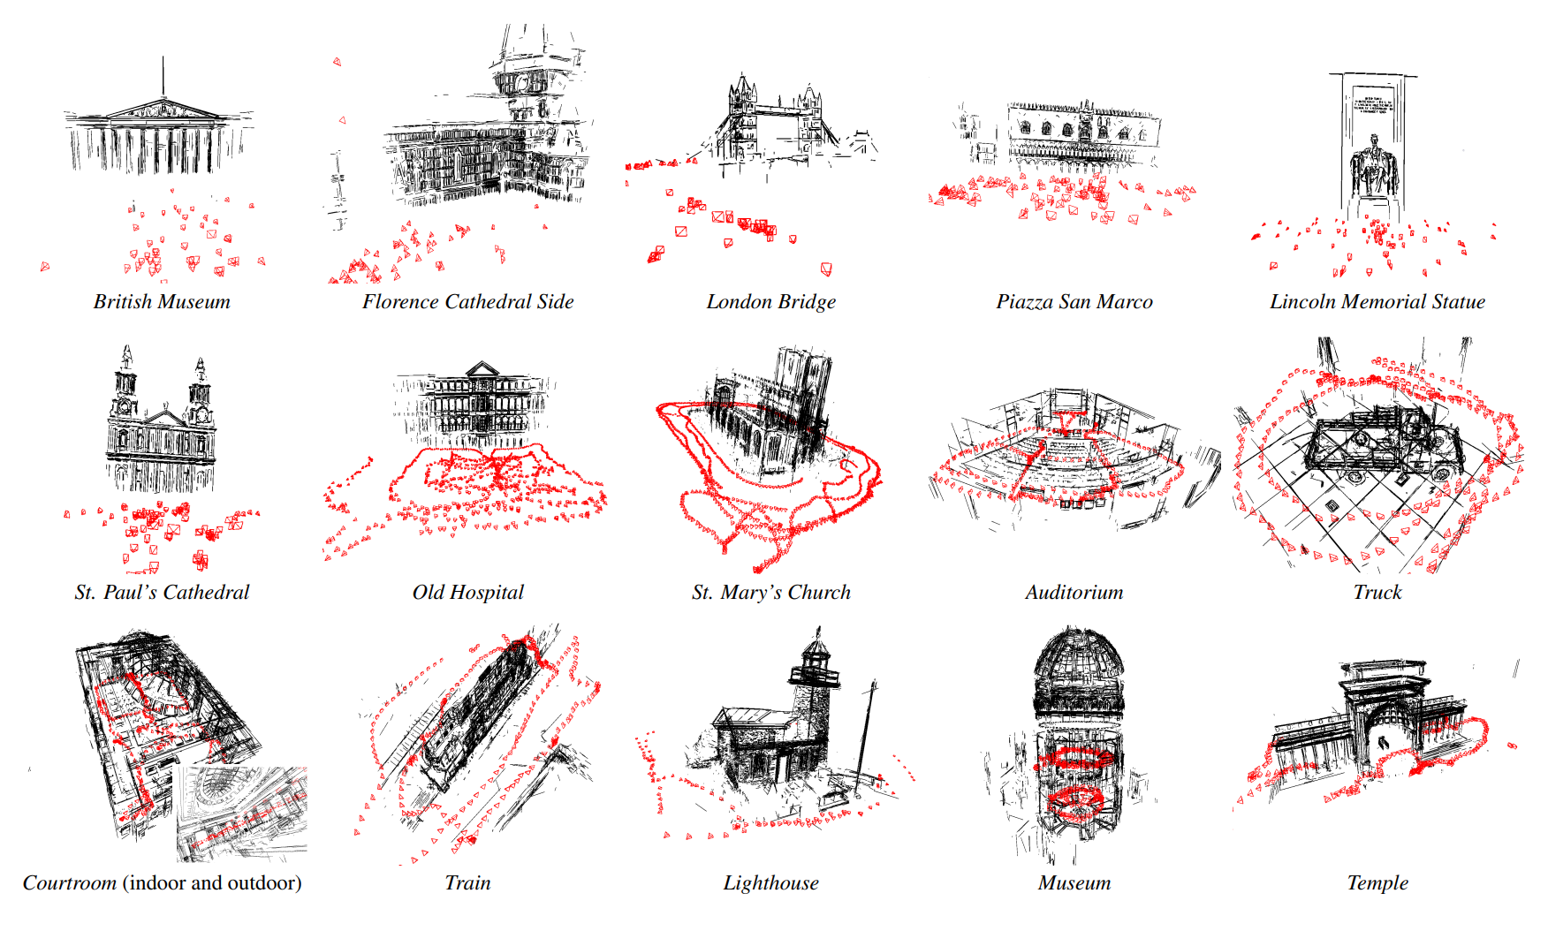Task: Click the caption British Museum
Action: tap(162, 302)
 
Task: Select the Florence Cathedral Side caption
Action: tap(467, 302)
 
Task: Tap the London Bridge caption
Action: tap(770, 302)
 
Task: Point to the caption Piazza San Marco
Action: tap(1074, 302)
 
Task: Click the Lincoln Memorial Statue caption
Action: tap(1377, 302)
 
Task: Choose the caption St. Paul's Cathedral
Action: tap(162, 593)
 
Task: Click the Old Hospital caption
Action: tap(467, 593)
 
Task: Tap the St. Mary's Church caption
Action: tap(770, 593)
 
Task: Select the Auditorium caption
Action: tap(1074, 593)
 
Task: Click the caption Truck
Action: tap(1377, 593)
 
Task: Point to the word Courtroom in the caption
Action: tap(70, 883)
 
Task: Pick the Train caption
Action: tap(467, 883)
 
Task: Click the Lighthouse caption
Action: tap(770, 883)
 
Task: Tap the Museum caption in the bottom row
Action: tap(1074, 883)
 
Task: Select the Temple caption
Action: tap(1377, 883)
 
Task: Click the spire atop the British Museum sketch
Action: tap(163, 78)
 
